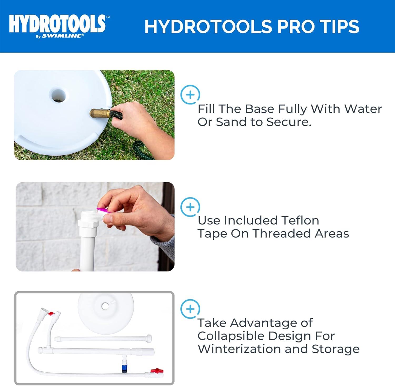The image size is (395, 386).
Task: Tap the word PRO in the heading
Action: click(295, 27)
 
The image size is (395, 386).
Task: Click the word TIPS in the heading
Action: click(340, 27)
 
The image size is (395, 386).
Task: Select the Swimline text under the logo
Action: click(63, 36)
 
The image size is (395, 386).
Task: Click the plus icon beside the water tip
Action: click(190, 95)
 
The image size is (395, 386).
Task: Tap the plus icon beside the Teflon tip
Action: click(190, 207)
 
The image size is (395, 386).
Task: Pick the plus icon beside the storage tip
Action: click(190, 309)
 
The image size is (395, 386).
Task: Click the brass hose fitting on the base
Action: click(99, 114)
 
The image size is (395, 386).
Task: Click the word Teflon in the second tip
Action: click(300, 220)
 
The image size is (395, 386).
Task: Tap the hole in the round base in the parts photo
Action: click(105, 306)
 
